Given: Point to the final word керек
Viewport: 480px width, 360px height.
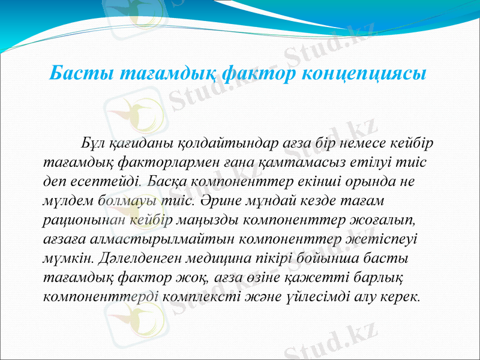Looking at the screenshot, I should coord(401,296).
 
